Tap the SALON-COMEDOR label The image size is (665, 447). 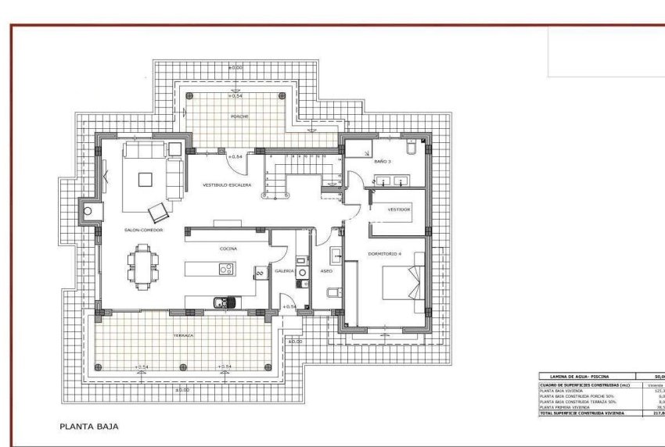143,231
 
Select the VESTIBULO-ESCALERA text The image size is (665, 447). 227,185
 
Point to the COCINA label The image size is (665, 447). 228,249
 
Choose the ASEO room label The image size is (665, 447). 326,270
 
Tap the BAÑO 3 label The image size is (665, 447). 382,161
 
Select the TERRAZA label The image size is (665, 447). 183,335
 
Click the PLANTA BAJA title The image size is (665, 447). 90,427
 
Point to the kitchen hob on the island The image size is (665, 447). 227,270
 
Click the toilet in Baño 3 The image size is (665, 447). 412,148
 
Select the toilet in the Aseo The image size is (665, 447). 332,293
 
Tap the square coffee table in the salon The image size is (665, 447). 146,179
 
